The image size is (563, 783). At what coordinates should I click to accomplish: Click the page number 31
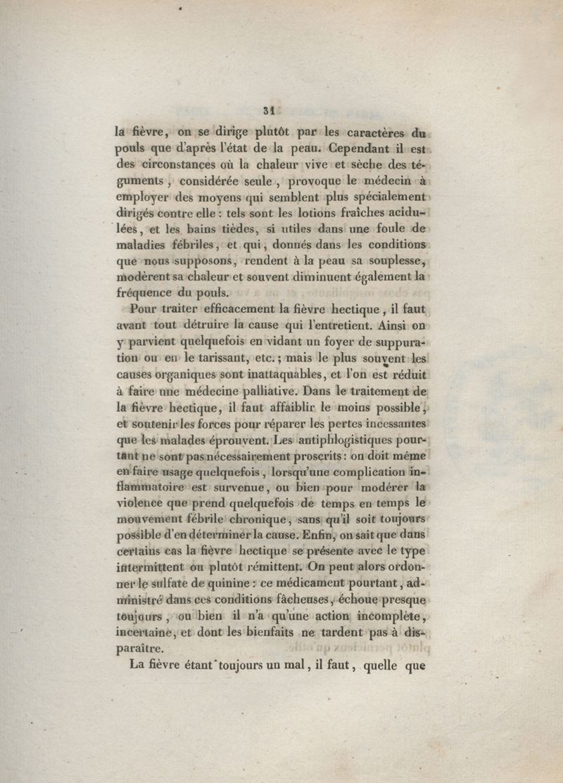[267, 110]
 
